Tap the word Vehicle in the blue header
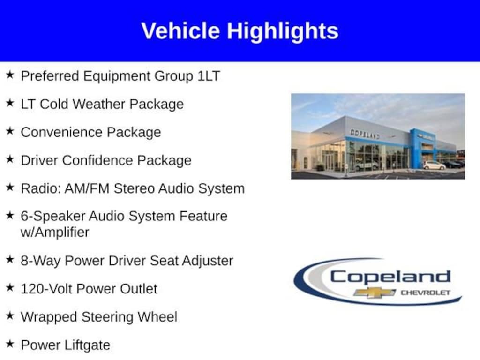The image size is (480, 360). (180, 30)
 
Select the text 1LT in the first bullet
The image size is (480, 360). (209, 76)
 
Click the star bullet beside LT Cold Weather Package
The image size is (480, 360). (10, 103)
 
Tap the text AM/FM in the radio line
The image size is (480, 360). (87, 188)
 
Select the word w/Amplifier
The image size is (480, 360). (55, 232)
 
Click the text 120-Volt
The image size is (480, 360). (47, 289)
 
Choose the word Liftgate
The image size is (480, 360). (88, 345)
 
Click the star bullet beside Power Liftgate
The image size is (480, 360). (10, 344)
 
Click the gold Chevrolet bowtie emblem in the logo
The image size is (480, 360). (375, 292)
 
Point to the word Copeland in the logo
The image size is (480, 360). (390, 277)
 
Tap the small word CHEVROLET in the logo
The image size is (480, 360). (426, 292)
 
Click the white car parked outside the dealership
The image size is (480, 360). (434, 165)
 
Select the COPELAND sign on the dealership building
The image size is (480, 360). (365, 134)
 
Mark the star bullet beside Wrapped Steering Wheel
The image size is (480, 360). (10, 315)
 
